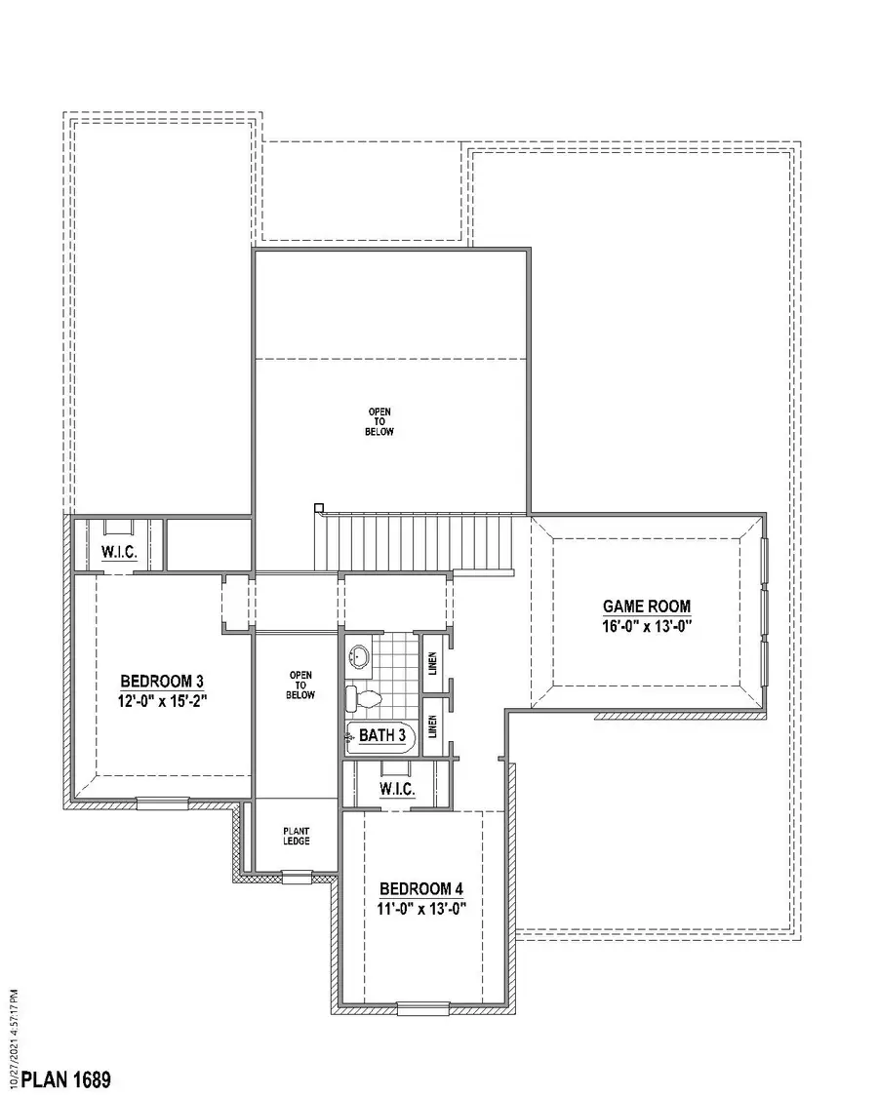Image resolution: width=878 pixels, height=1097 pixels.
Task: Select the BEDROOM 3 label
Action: click(x=162, y=681)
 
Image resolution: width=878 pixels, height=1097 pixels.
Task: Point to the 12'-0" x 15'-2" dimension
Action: click(x=162, y=699)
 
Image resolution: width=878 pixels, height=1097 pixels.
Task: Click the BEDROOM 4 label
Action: click(x=420, y=889)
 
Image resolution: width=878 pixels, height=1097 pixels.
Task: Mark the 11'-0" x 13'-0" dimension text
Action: click(x=420, y=908)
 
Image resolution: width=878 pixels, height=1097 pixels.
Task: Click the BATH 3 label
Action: click(x=381, y=735)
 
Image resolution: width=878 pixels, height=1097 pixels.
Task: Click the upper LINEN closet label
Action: click(x=433, y=663)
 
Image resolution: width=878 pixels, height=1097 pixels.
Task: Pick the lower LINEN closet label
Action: click(x=433, y=725)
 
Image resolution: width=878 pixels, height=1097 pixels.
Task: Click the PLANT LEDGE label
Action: click(x=297, y=835)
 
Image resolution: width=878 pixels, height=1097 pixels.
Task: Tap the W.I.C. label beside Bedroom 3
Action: click(x=119, y=553)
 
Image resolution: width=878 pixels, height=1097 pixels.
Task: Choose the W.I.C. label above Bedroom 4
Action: click(x=397, y=789)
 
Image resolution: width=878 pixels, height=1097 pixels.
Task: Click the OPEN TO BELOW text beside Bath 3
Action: click(x=300, y=685)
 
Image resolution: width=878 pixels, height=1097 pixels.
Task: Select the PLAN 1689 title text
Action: click(x=66, y=1079)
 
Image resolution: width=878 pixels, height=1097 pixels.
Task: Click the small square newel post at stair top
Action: click(x=318, y=506)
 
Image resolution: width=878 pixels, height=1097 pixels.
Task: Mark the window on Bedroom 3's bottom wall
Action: click(x=162, y=803)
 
